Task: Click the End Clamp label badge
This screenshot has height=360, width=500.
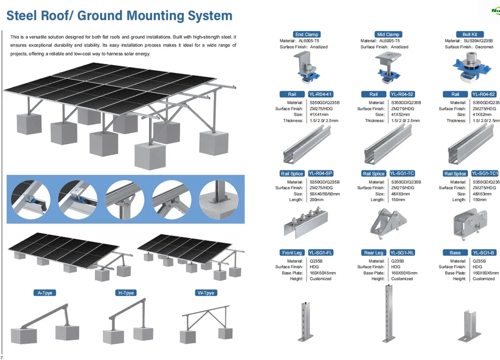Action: point(307,35)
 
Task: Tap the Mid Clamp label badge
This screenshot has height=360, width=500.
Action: point(388,35)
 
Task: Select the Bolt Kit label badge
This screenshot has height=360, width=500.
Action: point(470,35)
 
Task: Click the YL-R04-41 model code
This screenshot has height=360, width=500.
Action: point(321,94)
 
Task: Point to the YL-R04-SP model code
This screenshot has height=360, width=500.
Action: point(321,173)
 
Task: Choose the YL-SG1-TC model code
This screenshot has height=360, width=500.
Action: point(403,173)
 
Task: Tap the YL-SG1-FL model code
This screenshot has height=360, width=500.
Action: point(321,253)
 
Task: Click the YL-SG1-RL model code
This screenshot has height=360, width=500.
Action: point(403,253)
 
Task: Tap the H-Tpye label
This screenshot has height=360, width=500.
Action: point(125,293)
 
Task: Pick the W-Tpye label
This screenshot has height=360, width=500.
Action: point(207,293)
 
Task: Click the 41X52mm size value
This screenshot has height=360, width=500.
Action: point(401,114)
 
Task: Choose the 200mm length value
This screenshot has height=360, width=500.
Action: point(317,200)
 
